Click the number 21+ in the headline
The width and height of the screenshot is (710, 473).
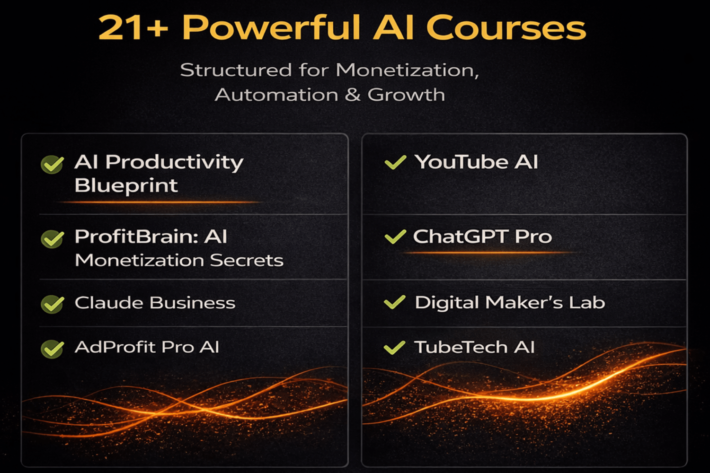(x=133, y=28)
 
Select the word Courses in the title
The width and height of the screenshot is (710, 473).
(x=506, y=28)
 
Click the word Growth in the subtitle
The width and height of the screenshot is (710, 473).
(x=406, y=95)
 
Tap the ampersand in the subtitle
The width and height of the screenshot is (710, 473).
(x=352, y=95)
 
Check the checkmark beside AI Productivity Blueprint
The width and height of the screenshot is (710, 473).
(x=52, y=165)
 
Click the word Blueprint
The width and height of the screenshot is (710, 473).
(x=126, y=185)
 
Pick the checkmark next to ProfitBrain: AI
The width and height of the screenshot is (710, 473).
(x=52, y=239)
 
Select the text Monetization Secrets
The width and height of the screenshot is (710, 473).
(x=179, y=260)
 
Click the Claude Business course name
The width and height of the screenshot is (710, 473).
(x=155, y=303)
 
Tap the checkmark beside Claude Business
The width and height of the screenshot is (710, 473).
(x=52, y=304)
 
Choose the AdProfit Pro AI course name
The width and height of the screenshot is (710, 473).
(x=147, y=347)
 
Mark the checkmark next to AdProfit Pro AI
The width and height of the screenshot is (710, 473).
(x=52, y=349)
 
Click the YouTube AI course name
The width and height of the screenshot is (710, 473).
(x=476, y=162)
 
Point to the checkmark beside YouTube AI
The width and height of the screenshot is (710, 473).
(x=395, y=163)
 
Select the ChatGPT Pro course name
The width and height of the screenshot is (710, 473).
(x=482, y=236)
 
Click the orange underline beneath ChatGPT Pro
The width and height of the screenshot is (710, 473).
(x=488, y=253)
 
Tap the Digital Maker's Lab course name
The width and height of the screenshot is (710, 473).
(x=510, y=303)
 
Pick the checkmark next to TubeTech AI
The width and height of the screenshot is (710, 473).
(x=394, y=348)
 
